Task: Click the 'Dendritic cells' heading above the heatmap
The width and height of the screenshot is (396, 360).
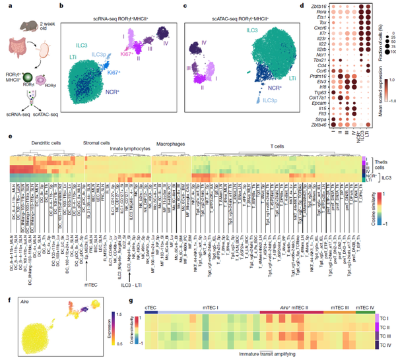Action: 42,143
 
